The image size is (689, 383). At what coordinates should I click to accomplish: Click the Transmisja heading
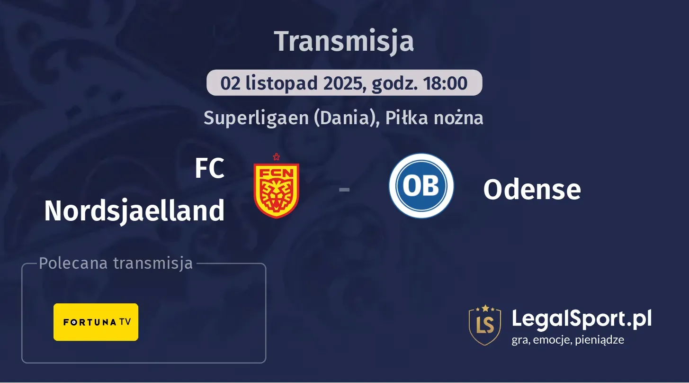344,41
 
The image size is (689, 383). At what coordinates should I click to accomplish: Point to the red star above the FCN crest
276,157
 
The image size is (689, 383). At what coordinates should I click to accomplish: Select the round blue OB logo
421,186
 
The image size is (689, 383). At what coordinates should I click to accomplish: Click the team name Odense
532,190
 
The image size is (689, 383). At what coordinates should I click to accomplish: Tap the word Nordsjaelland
134,210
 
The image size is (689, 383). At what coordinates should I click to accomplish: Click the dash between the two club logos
344,190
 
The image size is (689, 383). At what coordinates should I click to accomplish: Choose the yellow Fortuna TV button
96,322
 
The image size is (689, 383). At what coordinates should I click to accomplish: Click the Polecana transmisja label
116,264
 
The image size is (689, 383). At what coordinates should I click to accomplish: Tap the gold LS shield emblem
484,325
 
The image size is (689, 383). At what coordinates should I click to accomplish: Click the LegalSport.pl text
582,319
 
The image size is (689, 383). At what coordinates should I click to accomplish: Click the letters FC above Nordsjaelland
209,169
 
